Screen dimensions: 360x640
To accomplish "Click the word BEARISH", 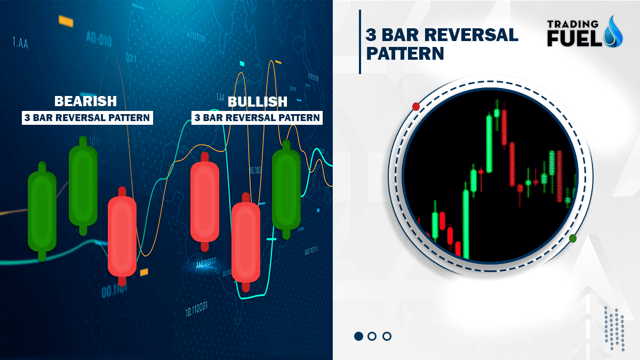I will pyautogui.click(x=85, y=101).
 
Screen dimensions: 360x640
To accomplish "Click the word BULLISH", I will pyautogui.click(x=257, y=101).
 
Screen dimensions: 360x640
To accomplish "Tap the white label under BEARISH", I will pyautogui.click(x=87, y=117).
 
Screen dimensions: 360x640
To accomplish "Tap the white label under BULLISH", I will pyautogui.click(x=257, y=117).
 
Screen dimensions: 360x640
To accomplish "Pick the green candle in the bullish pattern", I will pyautogui.click(x=286, y=189).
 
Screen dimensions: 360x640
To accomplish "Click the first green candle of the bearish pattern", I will pyautogui.click(x=42, y=211).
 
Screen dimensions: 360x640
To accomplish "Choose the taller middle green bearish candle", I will pyautogui.click(x=83, y=185).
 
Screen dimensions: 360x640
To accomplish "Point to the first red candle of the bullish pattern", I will pyautogui.click(x=204, y=202).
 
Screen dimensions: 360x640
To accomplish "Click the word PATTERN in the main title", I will pyautogui.click(x=405, y=53).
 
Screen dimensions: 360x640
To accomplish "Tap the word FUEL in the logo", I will pyautogui.click(x=573, y=38).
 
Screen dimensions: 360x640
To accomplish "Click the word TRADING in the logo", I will pyautogui.click(x=573, y=23).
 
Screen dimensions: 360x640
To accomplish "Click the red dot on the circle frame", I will pyautogui.click(x=416, y=106).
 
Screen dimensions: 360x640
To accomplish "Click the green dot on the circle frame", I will pyautogui.click(x=573, y=238).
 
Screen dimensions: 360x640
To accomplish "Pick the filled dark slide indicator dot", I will pyautogui.click(x=358, y=336).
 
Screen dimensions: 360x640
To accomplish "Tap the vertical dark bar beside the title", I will pyautogui.click(x=360, y=42).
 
